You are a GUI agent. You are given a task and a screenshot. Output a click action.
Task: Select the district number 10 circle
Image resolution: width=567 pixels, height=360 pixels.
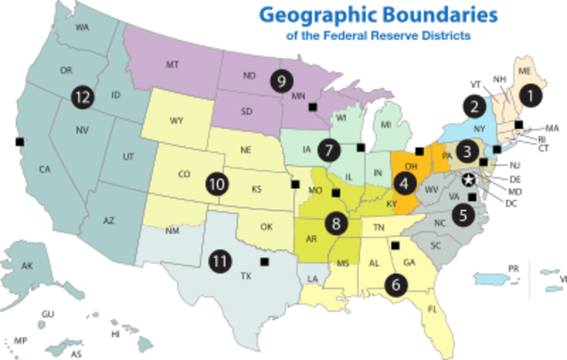point(217,185)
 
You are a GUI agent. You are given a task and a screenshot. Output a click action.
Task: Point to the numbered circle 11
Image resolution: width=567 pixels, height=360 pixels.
point(219,262)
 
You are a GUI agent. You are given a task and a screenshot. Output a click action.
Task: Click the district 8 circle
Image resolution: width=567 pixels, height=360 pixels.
point(336,223)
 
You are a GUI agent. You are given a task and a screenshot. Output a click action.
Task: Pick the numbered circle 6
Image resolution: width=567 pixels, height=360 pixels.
point(395,286)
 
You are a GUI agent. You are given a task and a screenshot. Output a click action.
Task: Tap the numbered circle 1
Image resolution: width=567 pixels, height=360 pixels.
point(530,92)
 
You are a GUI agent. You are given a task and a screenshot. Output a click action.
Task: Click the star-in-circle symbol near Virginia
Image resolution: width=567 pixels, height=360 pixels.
point(470,181)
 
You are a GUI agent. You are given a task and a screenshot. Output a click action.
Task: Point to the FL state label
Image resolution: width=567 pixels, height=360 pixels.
point(433,310)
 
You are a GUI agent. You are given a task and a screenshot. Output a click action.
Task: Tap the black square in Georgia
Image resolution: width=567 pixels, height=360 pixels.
point(395,246)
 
